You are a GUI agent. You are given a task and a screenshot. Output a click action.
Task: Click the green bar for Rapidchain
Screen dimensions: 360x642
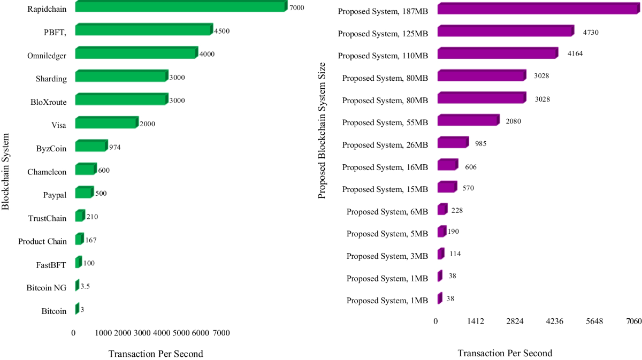pyautogui.click(x=179, y=7)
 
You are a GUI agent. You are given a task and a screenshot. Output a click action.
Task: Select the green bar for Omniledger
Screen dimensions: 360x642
pyautogui.click(x=136, y=53)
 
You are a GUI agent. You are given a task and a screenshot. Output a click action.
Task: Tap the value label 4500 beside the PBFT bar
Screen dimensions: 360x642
pyautogui.click(x=221, y=31)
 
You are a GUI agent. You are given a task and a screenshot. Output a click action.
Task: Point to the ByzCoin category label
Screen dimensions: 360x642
pyautogui.click(x=51, y=148)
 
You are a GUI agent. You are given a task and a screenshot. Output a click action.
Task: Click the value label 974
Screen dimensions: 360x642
pyautogui.click(x=114, y=147)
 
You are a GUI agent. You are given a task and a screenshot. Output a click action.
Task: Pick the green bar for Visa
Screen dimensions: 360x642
pyautogui.click(x=106, y=123)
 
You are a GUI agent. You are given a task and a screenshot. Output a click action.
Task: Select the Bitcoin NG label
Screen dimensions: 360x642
pyautogui.click(x=47, y=288)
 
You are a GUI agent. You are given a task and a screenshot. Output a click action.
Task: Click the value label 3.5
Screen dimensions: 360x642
pyautogui.click(x=85, y=286)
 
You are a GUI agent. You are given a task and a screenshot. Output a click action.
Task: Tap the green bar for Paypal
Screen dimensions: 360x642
pyautogui.click(x=84, y=193)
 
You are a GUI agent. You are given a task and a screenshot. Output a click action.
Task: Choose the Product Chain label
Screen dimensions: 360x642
pyautogui.click(x=42, y=241)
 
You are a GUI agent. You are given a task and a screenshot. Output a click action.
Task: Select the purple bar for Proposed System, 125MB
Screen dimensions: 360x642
pyautogui.click(x=505, y=32)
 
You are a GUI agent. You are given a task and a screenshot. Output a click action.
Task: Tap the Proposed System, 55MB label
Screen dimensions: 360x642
pyautogui.click(x=385, y=122)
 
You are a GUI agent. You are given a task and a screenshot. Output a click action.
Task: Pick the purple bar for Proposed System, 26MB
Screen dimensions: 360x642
pyautogui.click(x=453, y=143)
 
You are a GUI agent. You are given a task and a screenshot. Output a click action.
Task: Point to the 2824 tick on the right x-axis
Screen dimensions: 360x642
pyautogui.click(x=515, y=321)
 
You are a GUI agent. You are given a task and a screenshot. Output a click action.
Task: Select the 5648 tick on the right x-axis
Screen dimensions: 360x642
pyautogui.click(x=594, y=321)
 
